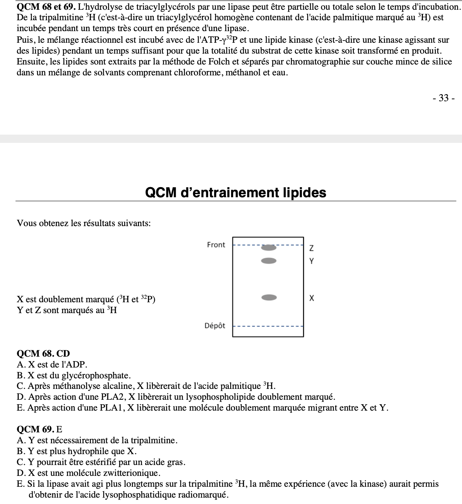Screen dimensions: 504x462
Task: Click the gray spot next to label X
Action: pyautogui.click(x=269, y=298)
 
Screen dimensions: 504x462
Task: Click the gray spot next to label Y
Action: pyautogui.click(x=269, y=261)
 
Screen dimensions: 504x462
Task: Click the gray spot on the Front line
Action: pyautogui.click(x=269, y=248)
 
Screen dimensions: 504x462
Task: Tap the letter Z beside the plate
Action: pyautogui.click(x=311, y=248)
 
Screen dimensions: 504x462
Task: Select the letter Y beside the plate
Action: pyautogui.click(x=311, y=261)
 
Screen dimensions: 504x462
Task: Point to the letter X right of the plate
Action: pyautogui.click(x=311, y=298)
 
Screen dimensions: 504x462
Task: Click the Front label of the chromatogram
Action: pyautogui.click(x=216, y=245)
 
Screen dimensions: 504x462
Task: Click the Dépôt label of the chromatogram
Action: pyautogui.click(x=215, y=326)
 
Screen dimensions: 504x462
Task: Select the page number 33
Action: pyautogui.click(x=444, y=98)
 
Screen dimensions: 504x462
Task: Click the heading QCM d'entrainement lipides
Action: pyautogui.click(x=236, y=193)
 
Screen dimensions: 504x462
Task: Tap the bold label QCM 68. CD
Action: pyautogui.click(x=43, y=354)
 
